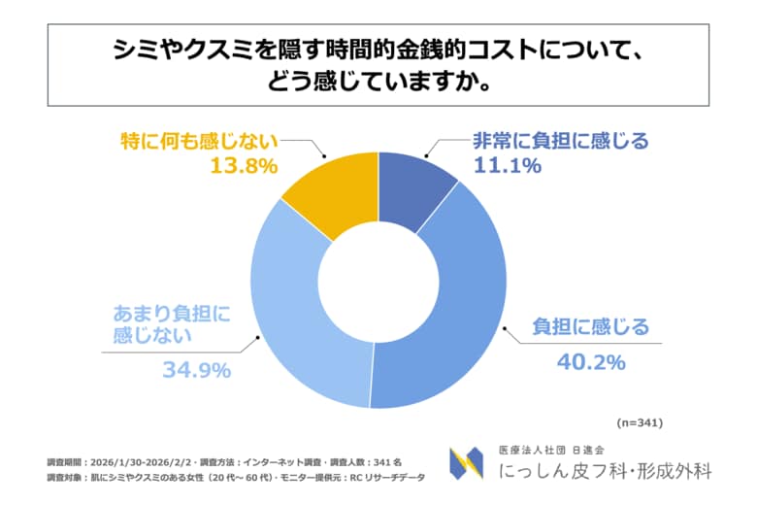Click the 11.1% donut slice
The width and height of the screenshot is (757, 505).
pyautogui.click(x=411, y=185)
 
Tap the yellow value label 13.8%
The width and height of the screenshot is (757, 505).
pyautogui.click(x=244, y=166)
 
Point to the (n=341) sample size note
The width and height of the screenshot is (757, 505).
pyautogui.click(x=640, y=422)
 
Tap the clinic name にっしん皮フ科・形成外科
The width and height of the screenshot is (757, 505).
pyautogui.click(x=604, y=471)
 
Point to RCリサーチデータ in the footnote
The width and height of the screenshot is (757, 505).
pyautogui.click(x=389, y=477)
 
